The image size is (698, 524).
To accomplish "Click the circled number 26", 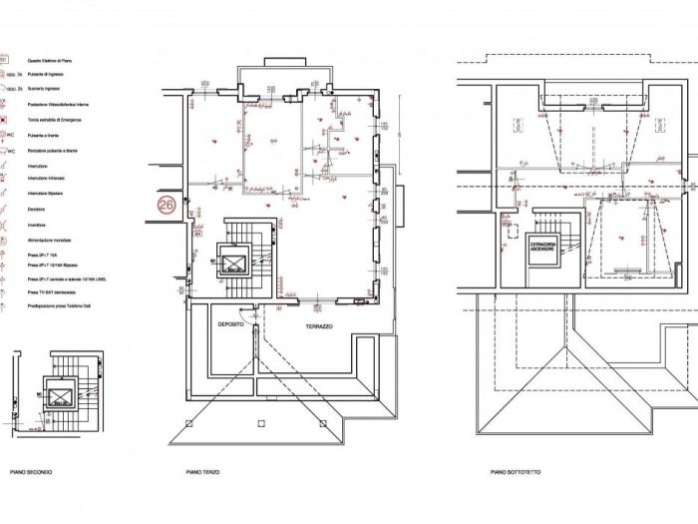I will (166, 207).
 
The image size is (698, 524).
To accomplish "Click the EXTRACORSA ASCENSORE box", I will (542, 246).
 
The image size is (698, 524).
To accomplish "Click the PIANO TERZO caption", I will (202, 472).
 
